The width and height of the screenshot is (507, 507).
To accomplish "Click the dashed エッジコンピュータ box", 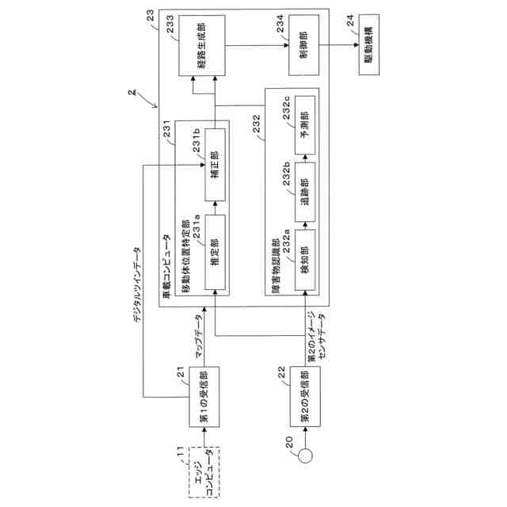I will [204, 473].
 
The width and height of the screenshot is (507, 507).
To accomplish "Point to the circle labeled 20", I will [303, 456].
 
